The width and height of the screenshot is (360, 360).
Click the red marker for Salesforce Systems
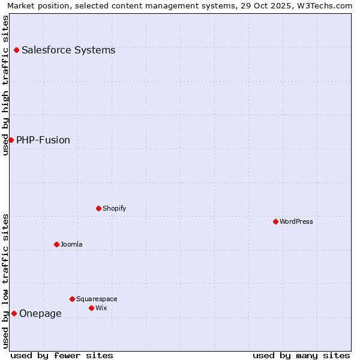(x=16, y=50)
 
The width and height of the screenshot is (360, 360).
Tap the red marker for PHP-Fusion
(x=11, y=140)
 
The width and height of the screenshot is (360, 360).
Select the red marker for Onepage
(x=14, y=313)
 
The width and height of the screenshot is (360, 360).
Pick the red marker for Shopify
(x=98, y=208)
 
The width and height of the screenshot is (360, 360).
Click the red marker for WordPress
(x=275, y=221)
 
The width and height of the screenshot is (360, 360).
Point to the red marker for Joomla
(x=56, y=244)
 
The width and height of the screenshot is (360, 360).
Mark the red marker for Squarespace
(x=72, y=299)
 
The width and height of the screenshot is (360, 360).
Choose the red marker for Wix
(x=91, y=308)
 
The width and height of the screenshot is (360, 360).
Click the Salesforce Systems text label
(x=68, y=50)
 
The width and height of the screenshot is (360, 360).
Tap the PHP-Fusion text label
(x=43, y=140)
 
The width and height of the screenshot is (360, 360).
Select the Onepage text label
(x=40, y=313)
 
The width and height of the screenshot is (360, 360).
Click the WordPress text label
(x=296, y=221)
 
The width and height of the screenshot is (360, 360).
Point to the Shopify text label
(x=115, y=208)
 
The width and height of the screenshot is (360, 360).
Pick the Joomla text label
(x=71, y=244)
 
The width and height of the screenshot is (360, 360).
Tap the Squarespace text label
(x=97, y=299)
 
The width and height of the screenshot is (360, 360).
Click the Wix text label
(x=101, y=308)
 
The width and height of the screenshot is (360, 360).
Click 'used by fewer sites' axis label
(x=62, y=355)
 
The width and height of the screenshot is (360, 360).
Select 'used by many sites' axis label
(x=301, y=355)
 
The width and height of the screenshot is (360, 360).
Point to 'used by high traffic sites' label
(x=5, y=85)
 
